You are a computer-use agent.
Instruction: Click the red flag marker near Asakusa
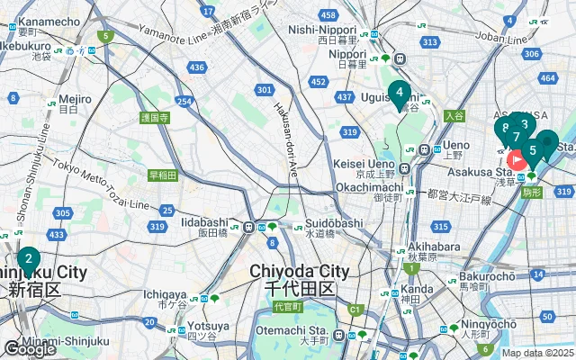[x=518, y=160]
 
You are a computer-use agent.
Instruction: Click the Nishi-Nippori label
[x=346, y=30]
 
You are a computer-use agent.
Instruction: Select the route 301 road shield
[x=264, y=90]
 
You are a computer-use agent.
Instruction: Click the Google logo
[x=29, y=349]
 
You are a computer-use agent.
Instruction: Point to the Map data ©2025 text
[x=537, y=353]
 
